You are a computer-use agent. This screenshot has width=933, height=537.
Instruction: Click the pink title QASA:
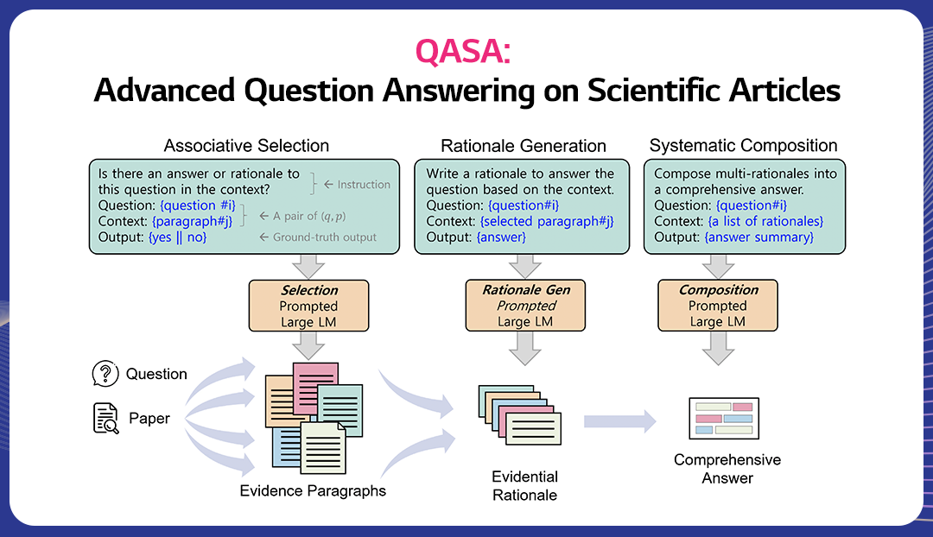pyautogui.click(x=463, y=52)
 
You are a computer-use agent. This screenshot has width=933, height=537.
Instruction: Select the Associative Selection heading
pyautogui.click(x=246, y=145)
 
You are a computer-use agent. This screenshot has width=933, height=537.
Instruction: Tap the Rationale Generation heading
pyautogui.click(x=524, y=145)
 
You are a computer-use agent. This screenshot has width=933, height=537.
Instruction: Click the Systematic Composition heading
pyautogui.click(x=744, y=145)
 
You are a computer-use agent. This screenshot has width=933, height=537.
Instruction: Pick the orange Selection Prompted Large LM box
pyautogui.click(x=308, y=306)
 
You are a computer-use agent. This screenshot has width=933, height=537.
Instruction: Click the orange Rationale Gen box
pyautogui.click(x=525, y=306)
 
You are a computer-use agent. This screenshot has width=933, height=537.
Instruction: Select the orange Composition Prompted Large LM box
pyautogui.click(x=718, y=306)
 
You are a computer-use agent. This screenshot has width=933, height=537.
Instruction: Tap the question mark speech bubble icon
pyautogui.click(x=105, y=374)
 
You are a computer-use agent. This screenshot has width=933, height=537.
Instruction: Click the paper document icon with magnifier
pyautogui.click(x=105, y=418)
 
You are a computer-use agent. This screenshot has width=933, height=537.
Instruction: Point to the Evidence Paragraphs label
pyautogui.click(x=313, y=490)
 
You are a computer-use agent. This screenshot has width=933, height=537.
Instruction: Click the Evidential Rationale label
pyautogui.click(x=524, y=485)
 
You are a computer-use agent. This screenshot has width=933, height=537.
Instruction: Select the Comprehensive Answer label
pyautogui.click(x=727, y=468)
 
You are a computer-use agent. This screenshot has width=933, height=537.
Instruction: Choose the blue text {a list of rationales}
pyautogui.click(x=765, y=221)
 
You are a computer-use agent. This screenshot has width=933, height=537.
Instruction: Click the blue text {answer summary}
pyautogui.click(x=759, y=237)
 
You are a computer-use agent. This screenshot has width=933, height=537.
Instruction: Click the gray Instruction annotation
pyautogui.click(x=357, y=184)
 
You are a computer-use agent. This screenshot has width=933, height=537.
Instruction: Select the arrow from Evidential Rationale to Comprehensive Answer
pyautogui.click(x=619, y=421)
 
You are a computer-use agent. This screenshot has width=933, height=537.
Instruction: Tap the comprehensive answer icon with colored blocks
pyautogui.click(x=722, y=417)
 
